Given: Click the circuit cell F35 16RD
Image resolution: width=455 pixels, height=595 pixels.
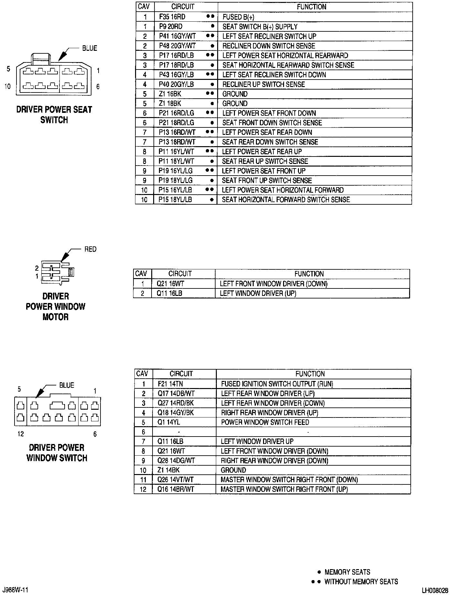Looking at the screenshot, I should [x=172, y=17].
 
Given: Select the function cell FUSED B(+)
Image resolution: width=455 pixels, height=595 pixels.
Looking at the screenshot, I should [x=238, y=17].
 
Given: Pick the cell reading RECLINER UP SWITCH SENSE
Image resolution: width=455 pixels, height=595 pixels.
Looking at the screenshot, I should [x=263, y=84].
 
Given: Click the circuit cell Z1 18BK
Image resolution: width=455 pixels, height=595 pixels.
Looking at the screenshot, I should [x=170, y=103].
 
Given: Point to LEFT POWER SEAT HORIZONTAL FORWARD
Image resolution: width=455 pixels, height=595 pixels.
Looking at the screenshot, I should [x=283, y=190].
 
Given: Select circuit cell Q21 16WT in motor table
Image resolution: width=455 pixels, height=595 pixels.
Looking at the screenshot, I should [x=170, y=284].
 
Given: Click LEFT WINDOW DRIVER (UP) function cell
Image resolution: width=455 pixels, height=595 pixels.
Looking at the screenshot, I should [x=258, y=293].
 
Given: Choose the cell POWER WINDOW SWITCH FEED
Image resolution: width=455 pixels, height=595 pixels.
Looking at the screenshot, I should [x=265, y=422].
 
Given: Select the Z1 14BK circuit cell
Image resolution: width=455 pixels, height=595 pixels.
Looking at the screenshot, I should [x=168, y=470].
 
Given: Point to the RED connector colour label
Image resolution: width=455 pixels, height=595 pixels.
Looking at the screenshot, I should [x=90, y=249].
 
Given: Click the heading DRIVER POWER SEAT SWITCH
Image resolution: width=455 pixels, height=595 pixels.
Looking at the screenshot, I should [x=54, y=114].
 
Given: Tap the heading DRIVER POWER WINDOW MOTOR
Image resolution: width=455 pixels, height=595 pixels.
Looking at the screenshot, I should [x=56, y=306].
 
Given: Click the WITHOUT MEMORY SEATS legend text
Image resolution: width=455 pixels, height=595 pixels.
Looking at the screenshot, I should [x=361, y=582].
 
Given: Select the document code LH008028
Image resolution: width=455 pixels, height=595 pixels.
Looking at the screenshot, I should [x=435, y=590].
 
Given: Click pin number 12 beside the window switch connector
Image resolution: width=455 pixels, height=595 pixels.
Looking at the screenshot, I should [x=21, y=434].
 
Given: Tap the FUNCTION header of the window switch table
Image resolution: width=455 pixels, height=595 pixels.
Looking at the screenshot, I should [x=310, y=374].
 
